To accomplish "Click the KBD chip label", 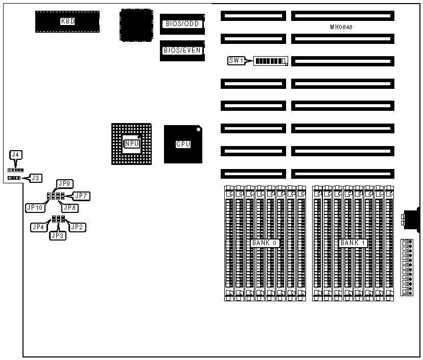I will click(x=67, y=21).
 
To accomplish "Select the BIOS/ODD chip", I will click(x=182, y=24).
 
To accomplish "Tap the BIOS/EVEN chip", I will click(x=182, y=51).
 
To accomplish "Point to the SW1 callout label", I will click(x=236, y=61).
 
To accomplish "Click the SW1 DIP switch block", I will click(x=271, y=61).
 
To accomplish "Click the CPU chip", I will click(x=183, y=144).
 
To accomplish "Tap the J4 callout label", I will click(x=16, y=154).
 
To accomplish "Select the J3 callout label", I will click(x=35, y=178).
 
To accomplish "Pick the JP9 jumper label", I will click(x=64, y=183).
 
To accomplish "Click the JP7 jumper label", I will click(x=82, y=195).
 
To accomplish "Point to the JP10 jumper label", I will click(x=35, y=207).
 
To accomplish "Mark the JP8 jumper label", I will click(x=68, y=207).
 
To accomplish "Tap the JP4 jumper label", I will click(x=38, y=226).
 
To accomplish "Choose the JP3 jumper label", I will click(x=56, y=235).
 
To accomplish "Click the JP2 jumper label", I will click(x=77, y=226).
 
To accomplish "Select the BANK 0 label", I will click(x=264, y=243).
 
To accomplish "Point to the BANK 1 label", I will click(x=353, y=243).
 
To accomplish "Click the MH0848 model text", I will click(x=341, y=26).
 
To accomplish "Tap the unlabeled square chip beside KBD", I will click(x=135, y=24).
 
